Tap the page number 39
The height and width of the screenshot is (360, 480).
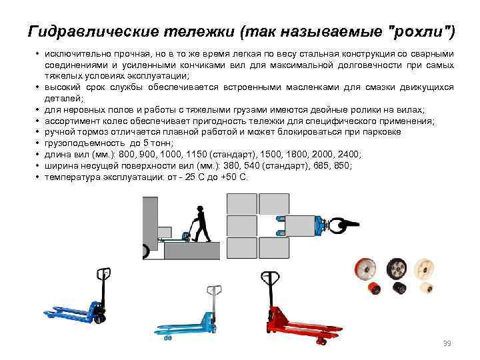447,343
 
